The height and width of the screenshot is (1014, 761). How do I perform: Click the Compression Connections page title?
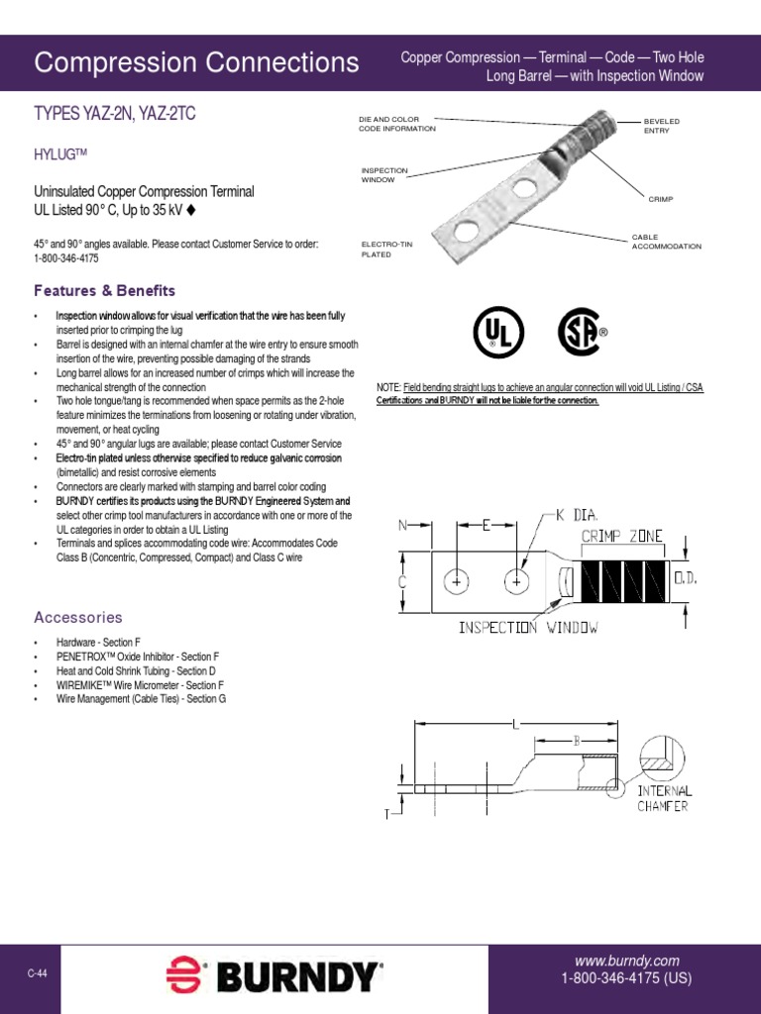[196, 63]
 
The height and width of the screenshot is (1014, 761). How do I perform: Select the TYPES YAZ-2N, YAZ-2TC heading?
[115, 115]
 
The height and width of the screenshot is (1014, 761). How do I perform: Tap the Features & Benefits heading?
[104, 291]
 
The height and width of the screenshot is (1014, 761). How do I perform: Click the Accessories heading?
[78, 617]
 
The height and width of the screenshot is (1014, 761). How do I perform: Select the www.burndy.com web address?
[626, 961]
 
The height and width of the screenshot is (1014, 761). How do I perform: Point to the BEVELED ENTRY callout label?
[663, 125]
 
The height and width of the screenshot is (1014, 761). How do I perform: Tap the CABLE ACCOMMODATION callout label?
[666, 242]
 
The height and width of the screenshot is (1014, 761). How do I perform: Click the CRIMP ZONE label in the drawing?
[621, 536]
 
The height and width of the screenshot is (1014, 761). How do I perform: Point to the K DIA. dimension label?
[578, 516]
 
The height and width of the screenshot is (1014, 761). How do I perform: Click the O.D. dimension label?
[686, 576]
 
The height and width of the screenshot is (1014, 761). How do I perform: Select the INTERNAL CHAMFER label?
[664, 798]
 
